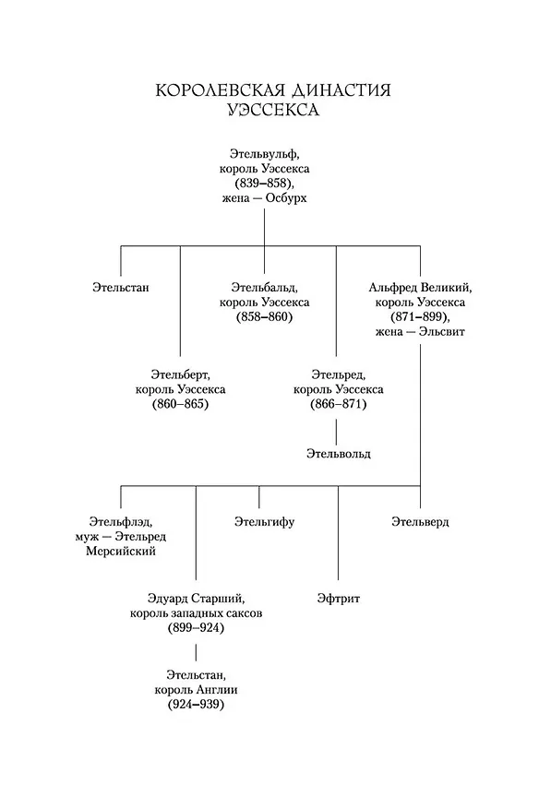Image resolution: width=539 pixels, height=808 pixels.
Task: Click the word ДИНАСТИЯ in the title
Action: (x=341, y=90)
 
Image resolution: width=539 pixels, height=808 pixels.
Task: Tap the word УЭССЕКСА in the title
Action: (x=273, y=110)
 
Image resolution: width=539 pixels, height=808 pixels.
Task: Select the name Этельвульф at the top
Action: (x=264, y=154)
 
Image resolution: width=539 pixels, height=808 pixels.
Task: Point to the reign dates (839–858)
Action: (x=264, y=184)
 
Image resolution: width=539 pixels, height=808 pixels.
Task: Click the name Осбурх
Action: (x=286, y=198)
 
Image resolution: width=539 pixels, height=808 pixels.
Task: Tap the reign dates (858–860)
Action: (x=264, y=317)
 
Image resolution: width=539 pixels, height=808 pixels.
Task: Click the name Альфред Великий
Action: (x=420, y=288)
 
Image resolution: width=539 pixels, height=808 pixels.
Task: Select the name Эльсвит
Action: (x=441, y=332)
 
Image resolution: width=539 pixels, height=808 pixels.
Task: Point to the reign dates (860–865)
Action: (x=181, y=404)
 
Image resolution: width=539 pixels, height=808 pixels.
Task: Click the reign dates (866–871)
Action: (x=339, y=404)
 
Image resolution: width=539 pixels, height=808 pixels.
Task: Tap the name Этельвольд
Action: (x=339, y=454)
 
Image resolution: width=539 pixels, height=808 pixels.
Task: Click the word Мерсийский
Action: (x=121, y=552)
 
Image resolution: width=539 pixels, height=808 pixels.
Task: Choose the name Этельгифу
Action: (x=264, y=522)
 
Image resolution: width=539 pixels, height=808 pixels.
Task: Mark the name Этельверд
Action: (x=420, y=522)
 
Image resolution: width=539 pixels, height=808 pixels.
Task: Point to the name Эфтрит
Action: (x=339, y=599)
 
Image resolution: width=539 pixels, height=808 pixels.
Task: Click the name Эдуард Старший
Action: (x=196, y=599)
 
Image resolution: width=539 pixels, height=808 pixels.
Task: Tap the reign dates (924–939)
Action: (x=196, y=705)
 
